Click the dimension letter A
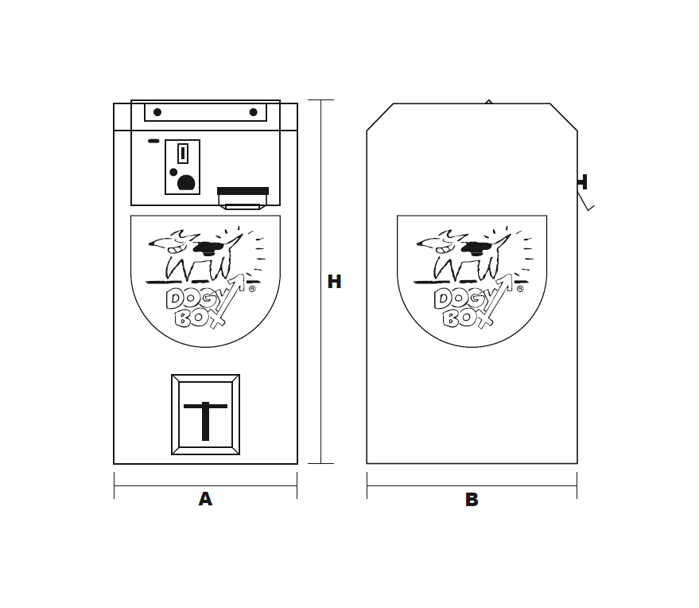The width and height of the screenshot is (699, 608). pos(205,499)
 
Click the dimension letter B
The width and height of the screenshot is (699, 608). pos(472,500)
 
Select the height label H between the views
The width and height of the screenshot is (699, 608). pos(334,282)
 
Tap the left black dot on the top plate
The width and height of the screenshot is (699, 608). pos(157,112)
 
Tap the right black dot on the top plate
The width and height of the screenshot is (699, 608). pos(253,112)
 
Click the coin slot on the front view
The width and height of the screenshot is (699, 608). pos(182,154)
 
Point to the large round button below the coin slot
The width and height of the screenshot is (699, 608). pos(186,183)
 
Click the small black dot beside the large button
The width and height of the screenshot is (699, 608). pos(173,172)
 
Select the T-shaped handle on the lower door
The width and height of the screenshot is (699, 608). pos(205,421)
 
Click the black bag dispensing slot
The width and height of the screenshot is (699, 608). pos(243,191)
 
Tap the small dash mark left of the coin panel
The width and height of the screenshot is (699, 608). pos(153,141)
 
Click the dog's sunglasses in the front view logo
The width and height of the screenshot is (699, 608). pos(208,248)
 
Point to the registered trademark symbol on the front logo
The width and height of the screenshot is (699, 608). pos(252,289)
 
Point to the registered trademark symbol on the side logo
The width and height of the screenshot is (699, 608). pos(520,289)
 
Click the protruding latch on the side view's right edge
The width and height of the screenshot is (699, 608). pos(583,182)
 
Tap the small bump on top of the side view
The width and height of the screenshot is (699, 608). pos(489,102)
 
